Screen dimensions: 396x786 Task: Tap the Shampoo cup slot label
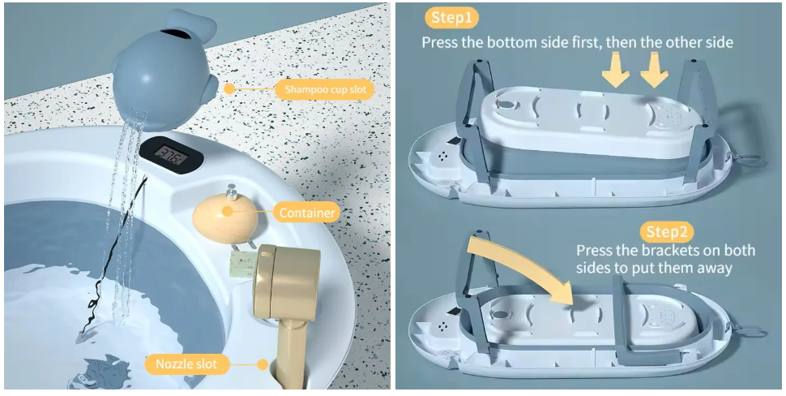[x=324, y=88]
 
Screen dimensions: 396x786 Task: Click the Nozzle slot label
[x=186, y=364]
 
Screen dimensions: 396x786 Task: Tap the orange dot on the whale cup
[x=230, y=88]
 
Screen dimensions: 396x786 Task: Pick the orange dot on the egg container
[x=229, y=212]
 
